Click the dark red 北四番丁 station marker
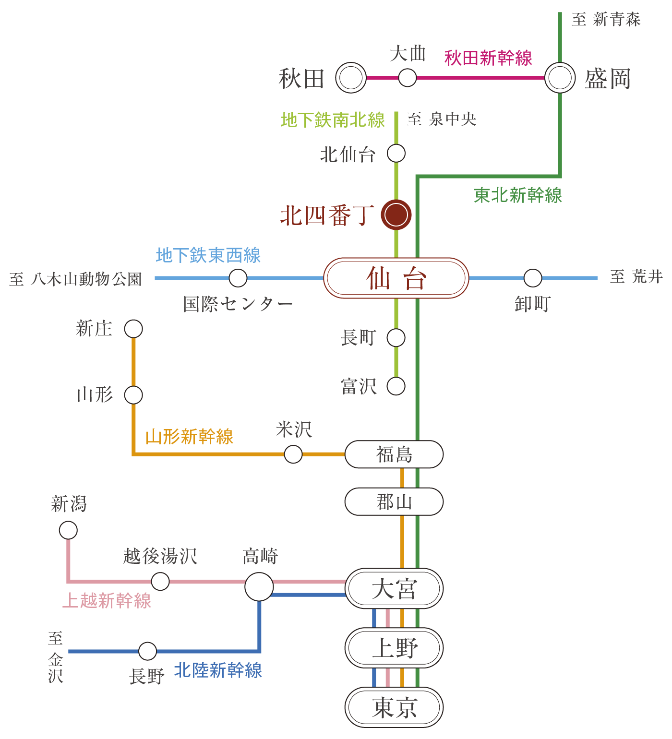(x=396, y=215)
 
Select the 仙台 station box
(x=396, y=278)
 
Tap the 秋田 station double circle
(x=351, y=78)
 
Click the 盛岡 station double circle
(x=560, y=78)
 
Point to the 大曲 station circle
(x=408, y=77)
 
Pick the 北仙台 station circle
(x=396, y=154)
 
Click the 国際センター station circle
(x=238, y=278)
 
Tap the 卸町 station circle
(x=532, y=278)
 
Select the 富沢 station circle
(x=396, y=386)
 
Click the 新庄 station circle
(x=133, y=329)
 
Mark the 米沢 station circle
(x=293, y=454)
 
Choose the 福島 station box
(x=394, y=454)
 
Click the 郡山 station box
(x=394, y=502)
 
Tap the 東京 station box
(x=394, y=707)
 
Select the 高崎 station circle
(x=259, y=586)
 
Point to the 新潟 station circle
(x=68, y=531)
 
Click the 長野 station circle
(x=147, y=651)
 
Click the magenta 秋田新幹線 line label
(x=488, y=58)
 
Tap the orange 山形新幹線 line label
(x=189, y=437)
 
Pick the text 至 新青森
(x=606, y=20)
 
